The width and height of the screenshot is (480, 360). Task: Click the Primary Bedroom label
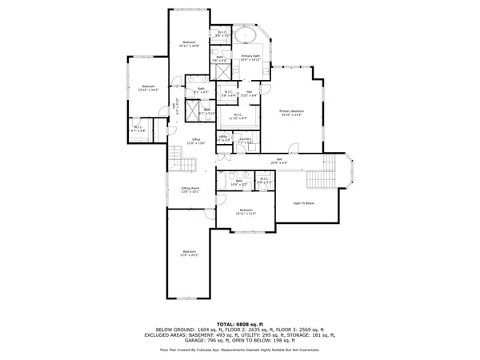291,112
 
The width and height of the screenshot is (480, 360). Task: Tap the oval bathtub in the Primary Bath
246,37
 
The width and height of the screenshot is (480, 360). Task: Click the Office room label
196,141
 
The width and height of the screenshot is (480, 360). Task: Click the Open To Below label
304,203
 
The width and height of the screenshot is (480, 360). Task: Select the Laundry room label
246,141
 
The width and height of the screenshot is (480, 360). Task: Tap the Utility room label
223,138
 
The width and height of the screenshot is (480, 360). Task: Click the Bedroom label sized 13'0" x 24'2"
189,254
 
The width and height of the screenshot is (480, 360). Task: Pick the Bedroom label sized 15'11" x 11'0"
246,212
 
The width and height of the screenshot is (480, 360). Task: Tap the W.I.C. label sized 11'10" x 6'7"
238,116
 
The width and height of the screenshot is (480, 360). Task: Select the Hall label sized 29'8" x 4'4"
280,161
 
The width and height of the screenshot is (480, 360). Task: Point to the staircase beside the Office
183,163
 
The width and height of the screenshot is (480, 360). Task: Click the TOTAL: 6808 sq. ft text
240,322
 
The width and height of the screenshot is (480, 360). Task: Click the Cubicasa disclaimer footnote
240,350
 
